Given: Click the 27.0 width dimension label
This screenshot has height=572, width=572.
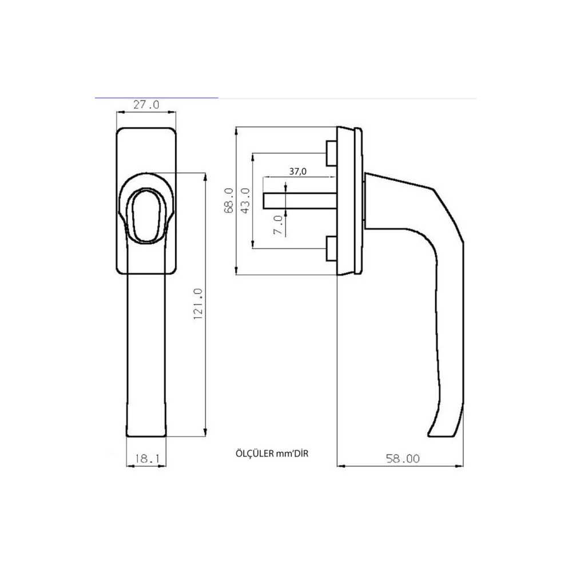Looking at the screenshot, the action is (146, 105).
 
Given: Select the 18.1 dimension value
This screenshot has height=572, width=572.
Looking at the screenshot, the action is (147, 459).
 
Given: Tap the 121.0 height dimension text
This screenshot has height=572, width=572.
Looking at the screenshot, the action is (197, 304).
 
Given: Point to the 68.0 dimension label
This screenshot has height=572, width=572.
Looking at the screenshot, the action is (229, 200).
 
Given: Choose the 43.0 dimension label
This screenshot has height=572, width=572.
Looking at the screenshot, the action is (245, 200).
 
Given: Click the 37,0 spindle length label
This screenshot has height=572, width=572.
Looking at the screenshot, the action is (297, 171).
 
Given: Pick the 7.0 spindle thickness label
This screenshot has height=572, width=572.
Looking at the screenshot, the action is (278, 225).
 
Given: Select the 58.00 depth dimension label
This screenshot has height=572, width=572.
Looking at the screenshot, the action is (403, 459).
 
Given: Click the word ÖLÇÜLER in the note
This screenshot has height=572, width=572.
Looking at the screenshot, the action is (255, 454).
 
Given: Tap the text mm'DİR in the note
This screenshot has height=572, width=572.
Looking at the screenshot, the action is (292, 454).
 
